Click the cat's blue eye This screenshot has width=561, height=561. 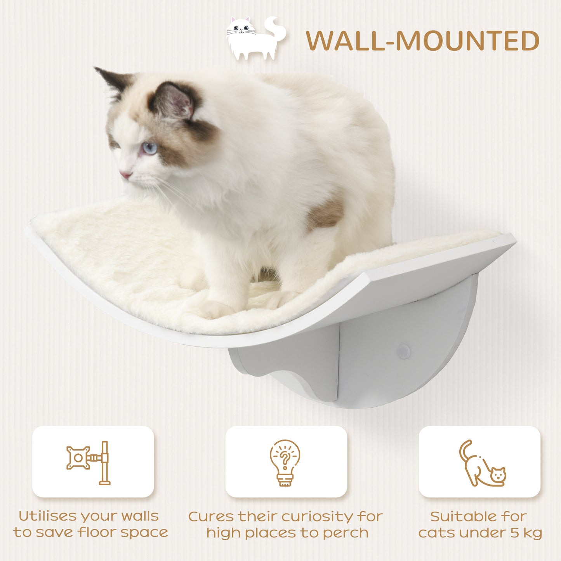150,148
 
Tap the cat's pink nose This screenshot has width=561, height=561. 125,175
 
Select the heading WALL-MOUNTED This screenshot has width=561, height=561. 422,41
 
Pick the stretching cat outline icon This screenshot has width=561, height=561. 481,464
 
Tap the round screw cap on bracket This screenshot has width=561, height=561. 403,352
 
